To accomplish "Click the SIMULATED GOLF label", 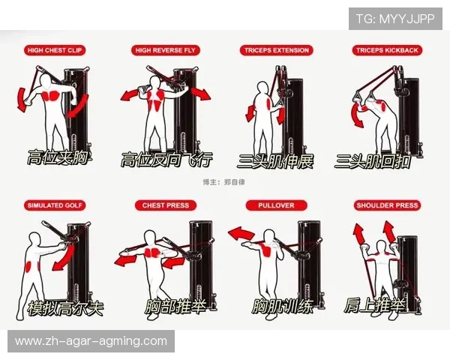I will [55, 205].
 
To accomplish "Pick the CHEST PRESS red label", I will [165, 205].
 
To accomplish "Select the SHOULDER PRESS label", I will [387, 205].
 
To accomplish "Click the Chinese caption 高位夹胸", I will [57, 158].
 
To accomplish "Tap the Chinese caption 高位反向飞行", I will [166, 160].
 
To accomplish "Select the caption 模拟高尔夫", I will [64, 308].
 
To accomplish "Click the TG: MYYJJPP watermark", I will [394, 18].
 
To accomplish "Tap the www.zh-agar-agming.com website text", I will [91, 341].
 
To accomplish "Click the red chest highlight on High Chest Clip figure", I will [50, 97].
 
